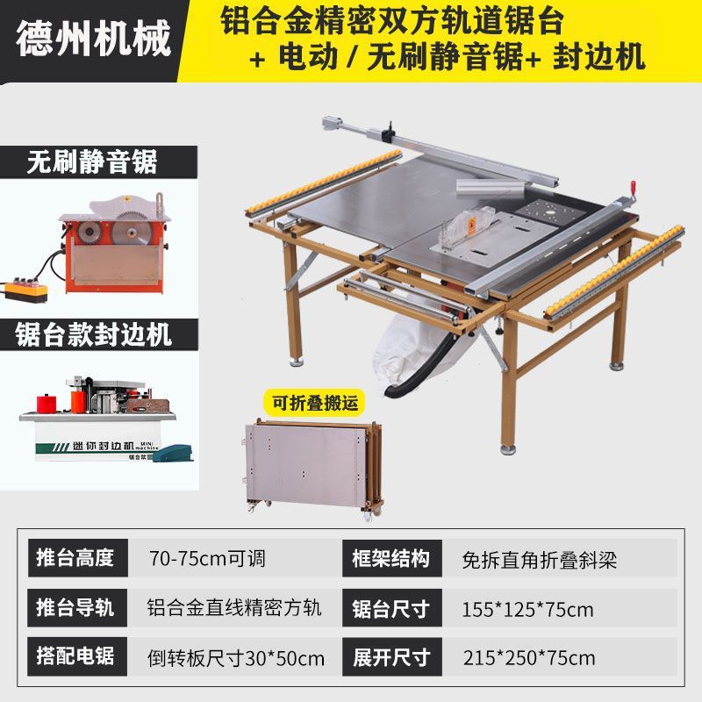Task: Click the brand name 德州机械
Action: click(x=94, y=39)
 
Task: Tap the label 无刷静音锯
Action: click(x=92, y=161)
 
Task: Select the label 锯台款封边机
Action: click(x=93, y=334)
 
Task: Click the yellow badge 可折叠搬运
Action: click(x=315, y=403)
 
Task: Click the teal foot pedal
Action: click(x=173, y=453)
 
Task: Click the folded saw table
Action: click(x=313, y=469)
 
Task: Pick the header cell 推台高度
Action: click(x=77, y=558)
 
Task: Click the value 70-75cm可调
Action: click(x=207, y=559)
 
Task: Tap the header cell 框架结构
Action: click(x=391, y=558)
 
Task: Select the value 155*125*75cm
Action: click(x=527, y=609)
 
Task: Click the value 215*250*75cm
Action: click(x=529, y=658)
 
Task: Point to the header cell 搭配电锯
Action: click(x=77, y=656)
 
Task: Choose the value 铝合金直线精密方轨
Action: click(x=234, y=608)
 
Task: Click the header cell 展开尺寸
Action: click(x=391, y=656)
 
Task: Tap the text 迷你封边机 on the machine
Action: click(x=103, y=446)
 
